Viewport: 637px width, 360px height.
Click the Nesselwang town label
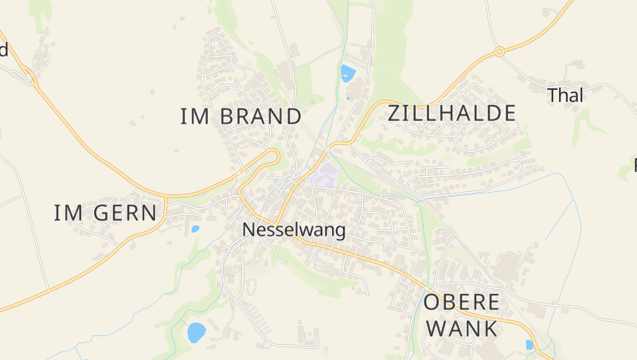[294, 230]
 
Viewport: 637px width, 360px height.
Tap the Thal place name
[565, 95]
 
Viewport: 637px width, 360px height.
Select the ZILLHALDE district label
[451, 113]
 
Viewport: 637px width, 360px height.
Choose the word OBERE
[461, 303]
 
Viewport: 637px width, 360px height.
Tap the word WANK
[462, 328]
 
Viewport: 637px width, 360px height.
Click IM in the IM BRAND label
[194, 116]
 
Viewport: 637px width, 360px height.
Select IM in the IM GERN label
[68, 213]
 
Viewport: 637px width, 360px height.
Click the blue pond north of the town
[347, 73]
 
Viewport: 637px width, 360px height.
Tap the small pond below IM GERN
[195, 229]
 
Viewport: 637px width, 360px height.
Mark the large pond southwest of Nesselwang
[196, 332]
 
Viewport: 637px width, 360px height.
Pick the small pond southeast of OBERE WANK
[529, 344]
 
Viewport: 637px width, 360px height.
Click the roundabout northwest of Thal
[500, 52]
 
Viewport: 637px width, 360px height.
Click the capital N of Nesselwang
[248, 230]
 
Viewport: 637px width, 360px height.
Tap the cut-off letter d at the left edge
[3, 50]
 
